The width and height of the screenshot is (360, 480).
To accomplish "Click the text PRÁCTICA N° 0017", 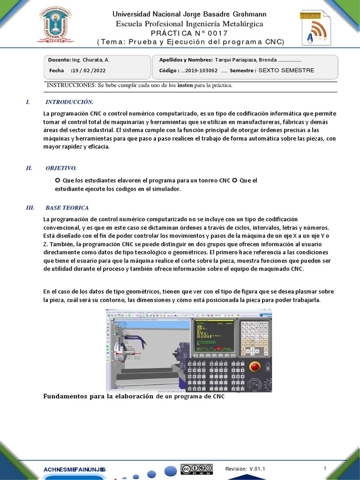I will [x=189, y=33].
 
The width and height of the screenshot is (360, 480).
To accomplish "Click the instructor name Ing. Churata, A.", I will [x=91, y=60].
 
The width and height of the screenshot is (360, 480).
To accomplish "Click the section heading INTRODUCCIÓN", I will [x=69, y=102].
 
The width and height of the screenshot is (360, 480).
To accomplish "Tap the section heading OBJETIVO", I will [x=61, y=168].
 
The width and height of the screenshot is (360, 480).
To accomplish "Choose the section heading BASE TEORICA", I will [x=67, y=208].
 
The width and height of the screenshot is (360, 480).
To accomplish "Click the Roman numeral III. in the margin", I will [x=30, y=208].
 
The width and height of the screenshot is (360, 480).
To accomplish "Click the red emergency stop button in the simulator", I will [x=255, y=366].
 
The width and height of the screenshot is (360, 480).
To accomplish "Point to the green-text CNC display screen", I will [x=216, y=336].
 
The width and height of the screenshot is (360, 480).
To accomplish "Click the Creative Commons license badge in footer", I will [x=197, y=469].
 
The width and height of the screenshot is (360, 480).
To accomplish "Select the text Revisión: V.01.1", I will [x=245, y=469].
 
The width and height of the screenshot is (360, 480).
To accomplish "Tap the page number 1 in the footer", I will [x=325, y=468].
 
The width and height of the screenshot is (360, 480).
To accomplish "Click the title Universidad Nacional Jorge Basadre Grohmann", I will [x=189, y=15].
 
